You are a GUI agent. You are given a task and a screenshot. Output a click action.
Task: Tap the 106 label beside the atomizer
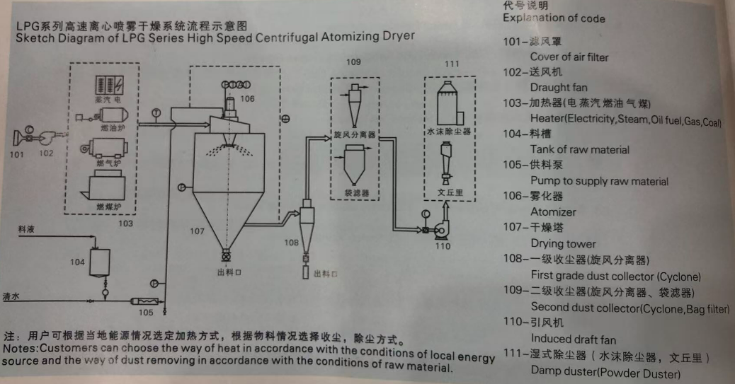pyautogui.click(x=246, y=99)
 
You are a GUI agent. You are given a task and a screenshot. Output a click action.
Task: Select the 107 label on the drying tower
pyautogui.click(x=196, y=231)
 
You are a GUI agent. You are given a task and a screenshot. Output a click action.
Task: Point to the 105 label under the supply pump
pyautogui.click(x=145, y=312)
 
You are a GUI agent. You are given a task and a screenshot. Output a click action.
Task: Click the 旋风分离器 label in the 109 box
pyautogui.click(x=355, y=134)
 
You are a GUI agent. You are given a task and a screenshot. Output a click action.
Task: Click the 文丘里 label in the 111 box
pyautogui.click(x=446, y=191)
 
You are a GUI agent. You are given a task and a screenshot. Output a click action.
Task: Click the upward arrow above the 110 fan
pyautogui.click(x=445, y=210)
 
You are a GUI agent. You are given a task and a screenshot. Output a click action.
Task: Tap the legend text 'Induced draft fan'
pyautogui.click(x=574, y=339)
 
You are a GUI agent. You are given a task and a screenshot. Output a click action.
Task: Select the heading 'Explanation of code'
pyautogui.click(x=554, y=18)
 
